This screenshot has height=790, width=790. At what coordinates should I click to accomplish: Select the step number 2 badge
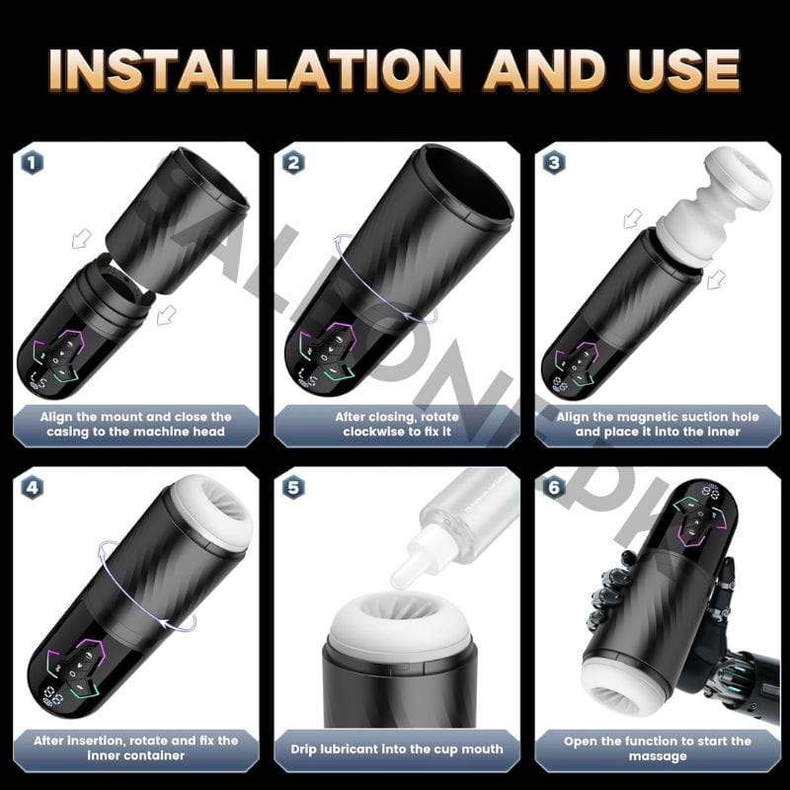pyautogui.click(x=292, y=162)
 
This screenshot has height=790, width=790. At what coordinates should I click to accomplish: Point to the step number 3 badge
pyautogui.click(x=553, y=162)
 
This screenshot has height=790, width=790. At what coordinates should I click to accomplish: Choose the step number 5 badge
pyautogui.click(x=292, y=487)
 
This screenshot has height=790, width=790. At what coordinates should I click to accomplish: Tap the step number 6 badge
pyautogui.click(x=553, y=487)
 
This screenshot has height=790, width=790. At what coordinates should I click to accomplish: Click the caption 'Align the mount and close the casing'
pyautogui.click(x=136, y=424)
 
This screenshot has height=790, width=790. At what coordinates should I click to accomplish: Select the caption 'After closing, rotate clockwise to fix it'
pyautogui.click(x=395, y=424)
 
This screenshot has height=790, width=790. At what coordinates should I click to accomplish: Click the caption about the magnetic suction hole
pyautogui.click(x=657, y=424)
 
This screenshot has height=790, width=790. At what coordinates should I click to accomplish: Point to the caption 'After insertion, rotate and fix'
pyautogui.click(x=136, y=748)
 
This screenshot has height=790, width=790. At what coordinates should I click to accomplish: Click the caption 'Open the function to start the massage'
pyautogui.click(x=657, y=748)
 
